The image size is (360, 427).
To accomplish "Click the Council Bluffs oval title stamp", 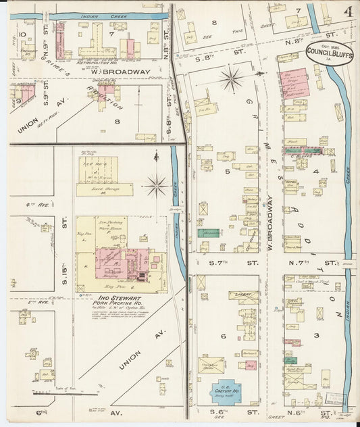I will pyautogui.click(x=328, y=53).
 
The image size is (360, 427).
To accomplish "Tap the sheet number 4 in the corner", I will pyautogui.click(x=346, y=11).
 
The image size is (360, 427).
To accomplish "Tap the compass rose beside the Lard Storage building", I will pyautogui.click(x=157, y=183).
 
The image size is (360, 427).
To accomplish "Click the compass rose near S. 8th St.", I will pyautogui.click(x=232, y=80).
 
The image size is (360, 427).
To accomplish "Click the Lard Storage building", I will pyautogui.click(x=104, y=190).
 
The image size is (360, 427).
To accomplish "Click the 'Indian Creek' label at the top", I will pyautogui.click(x=96, y=15).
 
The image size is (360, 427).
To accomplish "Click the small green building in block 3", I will pyautogui.click(x=291, y=360).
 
